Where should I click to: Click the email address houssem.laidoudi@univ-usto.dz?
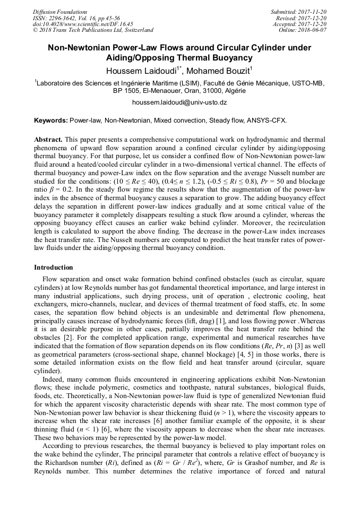tap(179, 102)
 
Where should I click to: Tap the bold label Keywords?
tap(51, 121)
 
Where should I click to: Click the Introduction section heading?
tap(53, 268)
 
